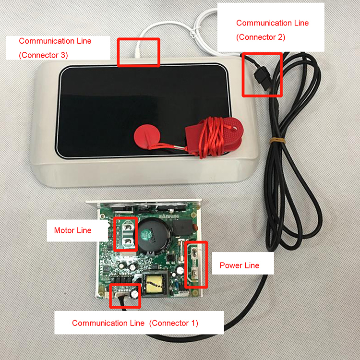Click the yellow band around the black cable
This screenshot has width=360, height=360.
[277, 140]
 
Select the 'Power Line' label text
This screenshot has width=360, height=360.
[239, 265]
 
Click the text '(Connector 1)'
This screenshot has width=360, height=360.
[174, 323]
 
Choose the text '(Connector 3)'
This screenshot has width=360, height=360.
[43, 55]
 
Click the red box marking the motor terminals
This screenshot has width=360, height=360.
[126, 234]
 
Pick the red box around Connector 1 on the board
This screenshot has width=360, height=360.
[125, 296]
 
